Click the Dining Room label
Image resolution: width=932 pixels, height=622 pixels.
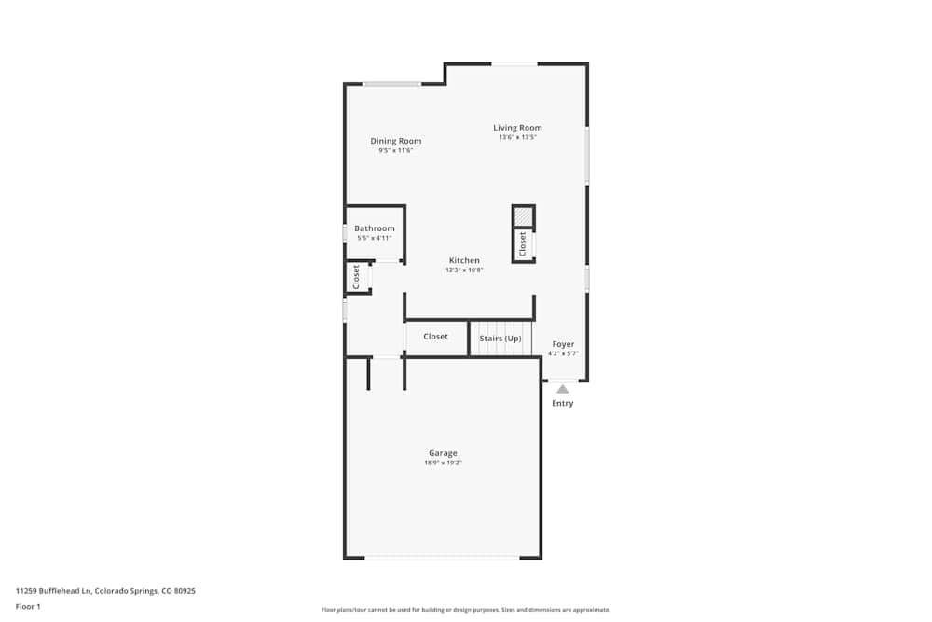[396, 142]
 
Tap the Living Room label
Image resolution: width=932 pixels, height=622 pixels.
[517, 128]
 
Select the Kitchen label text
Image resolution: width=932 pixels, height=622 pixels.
[464, 261]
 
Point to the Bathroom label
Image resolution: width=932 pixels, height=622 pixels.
[375, 228]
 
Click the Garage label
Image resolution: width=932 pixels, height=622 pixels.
[443, 453]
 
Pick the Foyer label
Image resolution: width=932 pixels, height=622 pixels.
[563, 344]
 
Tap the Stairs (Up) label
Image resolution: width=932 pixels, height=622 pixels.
[500, 338]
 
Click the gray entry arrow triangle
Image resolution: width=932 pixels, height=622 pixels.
[562, 389]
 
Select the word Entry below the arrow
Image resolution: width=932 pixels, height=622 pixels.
[563, 404]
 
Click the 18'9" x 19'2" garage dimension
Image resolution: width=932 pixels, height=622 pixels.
[443, 463]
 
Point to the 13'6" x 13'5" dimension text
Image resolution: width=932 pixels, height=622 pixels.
[517, 137]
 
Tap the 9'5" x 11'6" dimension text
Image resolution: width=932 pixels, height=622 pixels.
[395, 150]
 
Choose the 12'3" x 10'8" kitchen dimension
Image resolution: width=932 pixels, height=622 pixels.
[464, 270]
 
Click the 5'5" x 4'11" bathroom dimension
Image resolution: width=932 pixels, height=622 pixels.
[375, 238]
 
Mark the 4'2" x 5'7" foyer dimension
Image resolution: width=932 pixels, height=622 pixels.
[563, 353]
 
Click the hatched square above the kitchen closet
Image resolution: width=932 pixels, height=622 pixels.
[524, 216]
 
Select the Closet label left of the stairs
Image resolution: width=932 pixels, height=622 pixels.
[435, 337]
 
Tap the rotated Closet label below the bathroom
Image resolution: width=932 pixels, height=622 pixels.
[356, 277]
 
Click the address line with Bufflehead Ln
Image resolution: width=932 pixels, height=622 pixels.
[105, 591]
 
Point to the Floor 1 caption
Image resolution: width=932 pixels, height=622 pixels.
[28, 606]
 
